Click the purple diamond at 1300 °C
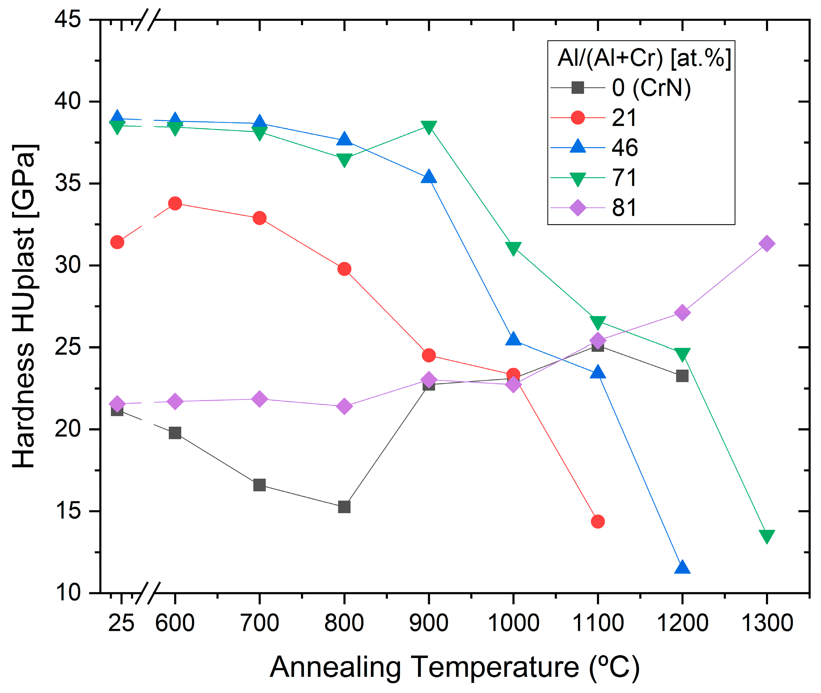click(767, 244)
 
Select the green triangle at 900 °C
click(428, 127)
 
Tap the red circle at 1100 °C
click(597, 521)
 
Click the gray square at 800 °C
click(344, 507)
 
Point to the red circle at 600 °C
click(175, 203)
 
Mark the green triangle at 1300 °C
click(767, 536)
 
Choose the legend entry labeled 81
click(624, 207)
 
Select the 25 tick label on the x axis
click(121, 623)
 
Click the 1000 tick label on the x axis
click(513, 623)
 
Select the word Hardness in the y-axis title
click(23, 405)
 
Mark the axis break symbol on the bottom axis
click(148, 593)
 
